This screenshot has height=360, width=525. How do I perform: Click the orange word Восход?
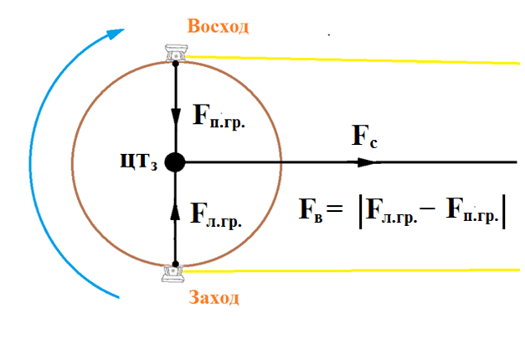(218, 27)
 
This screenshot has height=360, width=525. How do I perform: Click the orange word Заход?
(214, 297)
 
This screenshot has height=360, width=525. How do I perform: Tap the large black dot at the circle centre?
(175, 162)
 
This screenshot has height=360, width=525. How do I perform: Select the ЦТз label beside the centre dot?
(139, 162)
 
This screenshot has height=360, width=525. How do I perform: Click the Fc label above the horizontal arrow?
(364, 136)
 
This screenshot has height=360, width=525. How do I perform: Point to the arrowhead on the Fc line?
(367, 162)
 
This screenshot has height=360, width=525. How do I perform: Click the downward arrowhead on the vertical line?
(176, 116)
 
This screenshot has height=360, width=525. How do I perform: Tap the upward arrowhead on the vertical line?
(175, 212)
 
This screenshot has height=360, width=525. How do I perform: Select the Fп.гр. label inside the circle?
(219, 116)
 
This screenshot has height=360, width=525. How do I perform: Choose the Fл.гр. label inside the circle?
(216, 214)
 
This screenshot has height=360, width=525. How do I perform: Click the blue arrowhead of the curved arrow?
(116, 33)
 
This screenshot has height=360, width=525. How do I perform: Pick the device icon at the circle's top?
(176, 53)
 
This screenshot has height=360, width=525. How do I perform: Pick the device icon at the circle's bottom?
(172, 274)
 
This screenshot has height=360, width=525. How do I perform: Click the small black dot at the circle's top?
(176, 63)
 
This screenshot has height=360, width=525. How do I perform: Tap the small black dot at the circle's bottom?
(176, 265)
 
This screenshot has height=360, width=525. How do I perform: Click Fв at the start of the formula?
(311, 210)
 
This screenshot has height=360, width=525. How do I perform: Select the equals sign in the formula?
(335, 208)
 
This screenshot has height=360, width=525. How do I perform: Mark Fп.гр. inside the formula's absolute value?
(472, 210)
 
